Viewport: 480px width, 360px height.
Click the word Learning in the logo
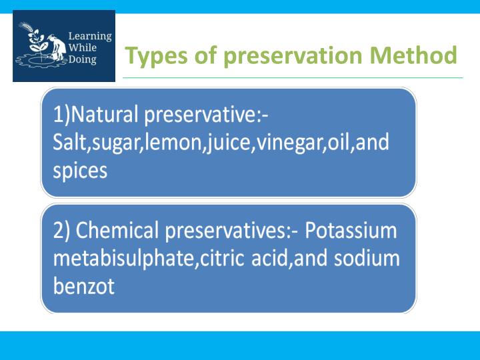pyautogui.click(x=90, y=36)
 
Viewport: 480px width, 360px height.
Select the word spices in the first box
pyautogui.click(x=80, y=171)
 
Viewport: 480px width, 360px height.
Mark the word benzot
pyautogui.click(x=84, y=287)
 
